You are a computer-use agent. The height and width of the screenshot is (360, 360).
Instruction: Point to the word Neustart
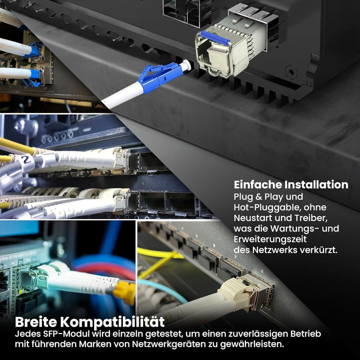point(253,218)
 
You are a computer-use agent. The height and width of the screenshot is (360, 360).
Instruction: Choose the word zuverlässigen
point(256,333)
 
